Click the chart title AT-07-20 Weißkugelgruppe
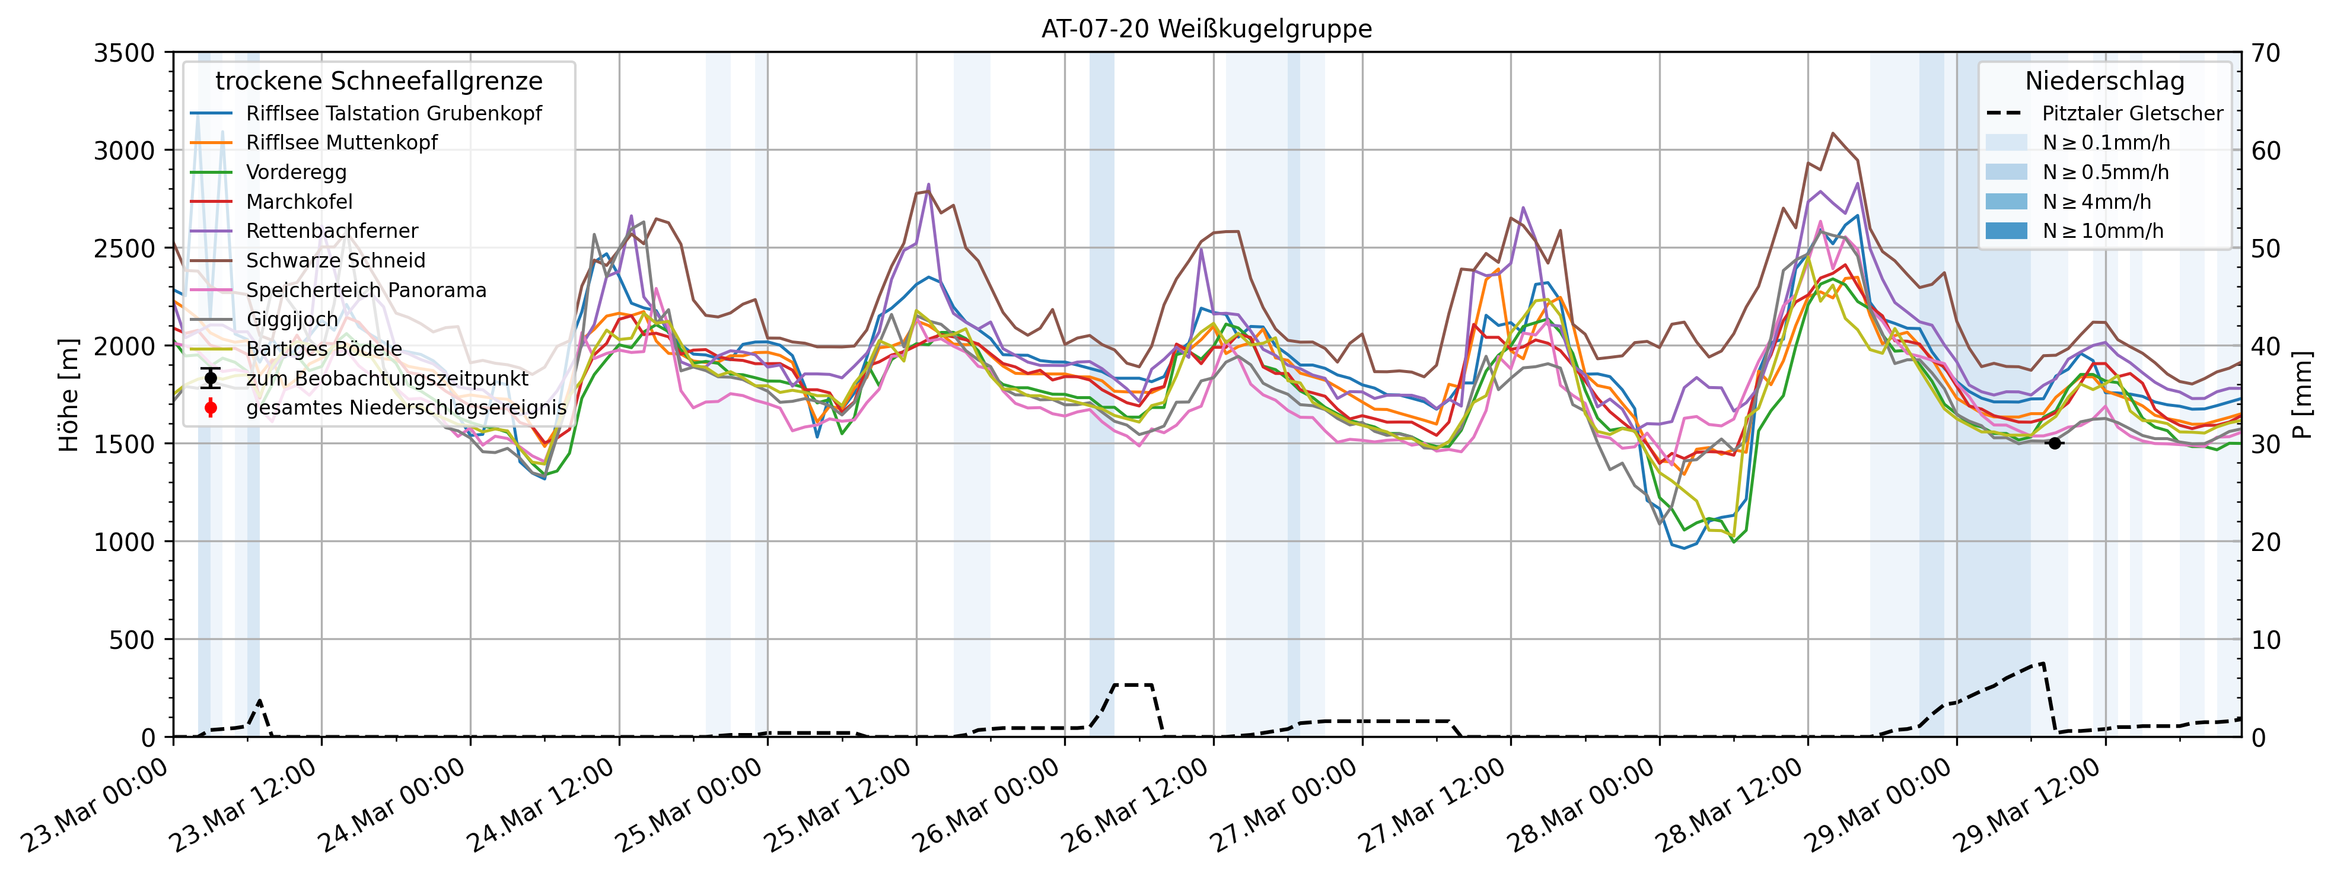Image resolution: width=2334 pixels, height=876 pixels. (x=1206, y=29)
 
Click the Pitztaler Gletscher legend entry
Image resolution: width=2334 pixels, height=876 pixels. (x=2131, y=114)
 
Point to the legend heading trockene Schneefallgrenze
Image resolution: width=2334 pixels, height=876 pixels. (x=379, y=81)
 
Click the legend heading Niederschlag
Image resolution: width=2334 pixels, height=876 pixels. (x=2104, y=81)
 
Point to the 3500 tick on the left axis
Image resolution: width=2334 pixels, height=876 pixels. (x=124, y=53)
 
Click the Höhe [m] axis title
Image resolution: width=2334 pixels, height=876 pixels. (x=69, y=395)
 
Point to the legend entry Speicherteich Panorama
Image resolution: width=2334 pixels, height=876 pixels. (x=366, y=291)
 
